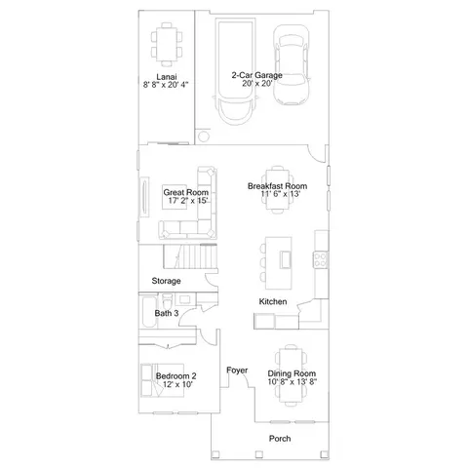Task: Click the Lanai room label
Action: (167, 77)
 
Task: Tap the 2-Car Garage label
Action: (256, 75)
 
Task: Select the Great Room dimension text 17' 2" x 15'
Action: (188, 201)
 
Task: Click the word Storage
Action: (166, 281)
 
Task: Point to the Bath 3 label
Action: (167, 313)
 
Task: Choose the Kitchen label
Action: (273, 301)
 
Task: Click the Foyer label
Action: (237, 370)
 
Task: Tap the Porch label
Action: (280, 439)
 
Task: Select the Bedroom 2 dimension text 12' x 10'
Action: (177, 384)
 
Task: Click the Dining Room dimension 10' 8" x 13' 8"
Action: (292, 381)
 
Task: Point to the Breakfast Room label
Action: (277, 186)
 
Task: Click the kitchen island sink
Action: (286, 259)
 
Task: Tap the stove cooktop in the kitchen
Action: (320, 260)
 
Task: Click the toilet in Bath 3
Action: (168, 302)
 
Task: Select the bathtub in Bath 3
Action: (149, 312)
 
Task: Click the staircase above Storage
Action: (190, 256)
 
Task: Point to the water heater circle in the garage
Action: (204, 136)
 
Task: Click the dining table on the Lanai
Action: (167, 44)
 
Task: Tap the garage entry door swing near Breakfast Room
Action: (317, 153)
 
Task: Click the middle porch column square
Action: (258, 454)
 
